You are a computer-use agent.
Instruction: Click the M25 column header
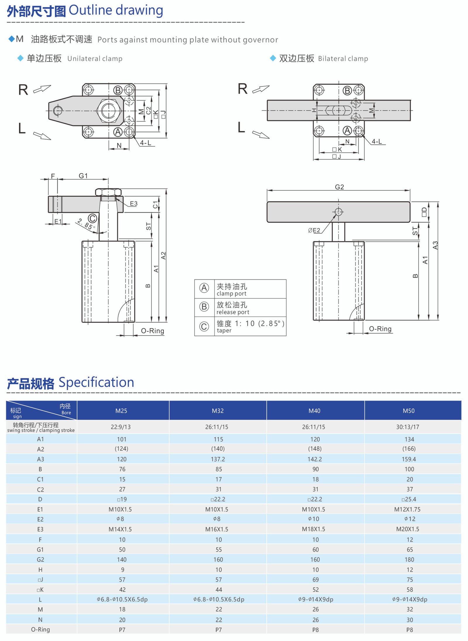pyautogui.click(x=121, y=411)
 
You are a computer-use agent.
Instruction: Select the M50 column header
pyautogui.click(x=408, y=411)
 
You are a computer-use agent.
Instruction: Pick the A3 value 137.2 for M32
pyautogui.click(x=218, y=459)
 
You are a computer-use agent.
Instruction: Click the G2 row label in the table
pyautogui.click(x=40, y=559)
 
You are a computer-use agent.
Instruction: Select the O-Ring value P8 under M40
pyautogui.click(x=315, y=630)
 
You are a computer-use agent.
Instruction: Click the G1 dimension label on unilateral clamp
pyautogui.click(x=83, y=176)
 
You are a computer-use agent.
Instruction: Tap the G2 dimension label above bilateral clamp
pyautogui.click(x=339, y=187)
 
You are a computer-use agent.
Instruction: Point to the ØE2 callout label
pyautogui.click(x=314, y=230)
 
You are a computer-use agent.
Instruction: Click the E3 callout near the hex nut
pyautogui.click(x=133, y=204)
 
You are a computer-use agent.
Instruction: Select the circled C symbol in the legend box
pyautogui.click(x=204, y=326)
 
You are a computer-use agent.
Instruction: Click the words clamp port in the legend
pyautogui.click(x=231, y=293)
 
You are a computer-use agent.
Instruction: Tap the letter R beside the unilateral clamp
pyautogui.click(x=23, y=90)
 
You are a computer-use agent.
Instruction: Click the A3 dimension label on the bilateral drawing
pyautogui.click(x=435, y=245)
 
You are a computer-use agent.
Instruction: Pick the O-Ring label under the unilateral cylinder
pyautogui.click(x=152, y=331)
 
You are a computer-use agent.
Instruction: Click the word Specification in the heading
pyautogui.click(x=96, y=382)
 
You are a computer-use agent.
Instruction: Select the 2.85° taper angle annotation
pyautogui.click(x=85, y=224)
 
